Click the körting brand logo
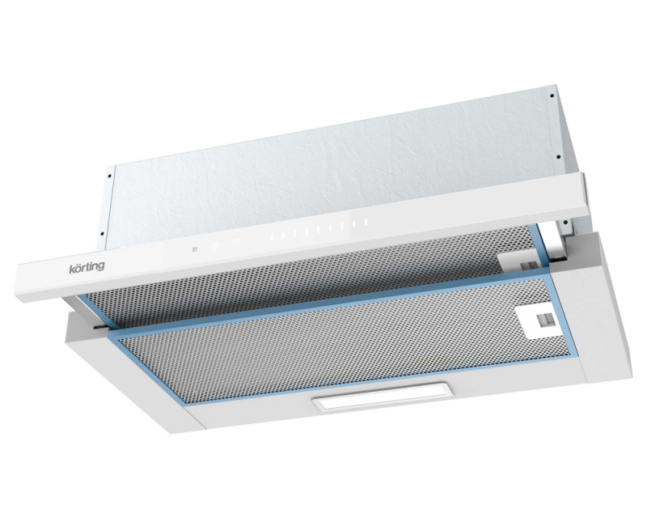tap(87, 266)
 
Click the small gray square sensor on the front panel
tap(194, 249)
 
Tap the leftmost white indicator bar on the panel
tap(272, 237)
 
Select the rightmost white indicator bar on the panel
tap(366, 223)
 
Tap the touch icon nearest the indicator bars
tap(235, 244)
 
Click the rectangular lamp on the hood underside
tap(383, 397)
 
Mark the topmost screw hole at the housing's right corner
tap(552, 96)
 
